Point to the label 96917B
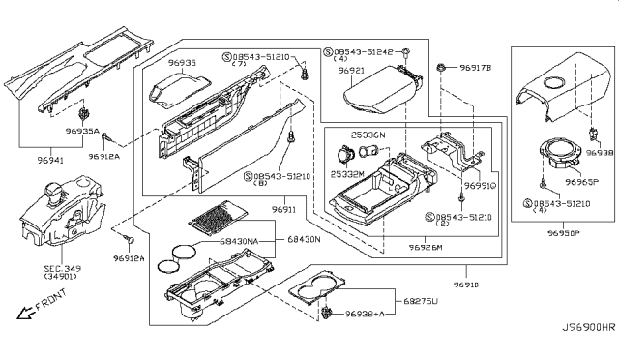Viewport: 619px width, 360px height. click(x=477, y=68)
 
